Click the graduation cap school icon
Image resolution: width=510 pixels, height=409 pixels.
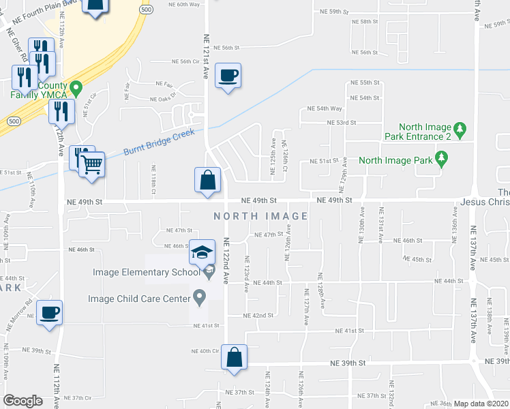(202, 254)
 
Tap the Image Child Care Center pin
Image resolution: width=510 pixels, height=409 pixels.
(200, 297)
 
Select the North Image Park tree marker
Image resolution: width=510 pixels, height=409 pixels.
(442, 160)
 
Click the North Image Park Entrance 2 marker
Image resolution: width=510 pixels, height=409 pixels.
(460, 127)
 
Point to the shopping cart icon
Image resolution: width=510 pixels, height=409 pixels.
(91, 164)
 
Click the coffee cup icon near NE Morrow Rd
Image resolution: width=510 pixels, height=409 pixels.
(49, 313)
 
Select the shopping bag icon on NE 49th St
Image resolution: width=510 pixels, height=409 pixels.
(207, 181)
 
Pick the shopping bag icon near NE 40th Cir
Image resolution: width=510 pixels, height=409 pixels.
(234, 357)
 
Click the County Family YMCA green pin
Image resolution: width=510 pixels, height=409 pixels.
(76, 88)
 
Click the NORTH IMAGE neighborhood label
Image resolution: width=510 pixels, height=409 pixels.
(260, 216)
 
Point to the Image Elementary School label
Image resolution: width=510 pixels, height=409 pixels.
(138, 273)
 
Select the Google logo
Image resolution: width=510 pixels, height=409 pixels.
(23, 401)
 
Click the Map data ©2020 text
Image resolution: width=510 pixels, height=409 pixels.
(481, 404)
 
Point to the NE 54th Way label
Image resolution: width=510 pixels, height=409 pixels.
(324, 108)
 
